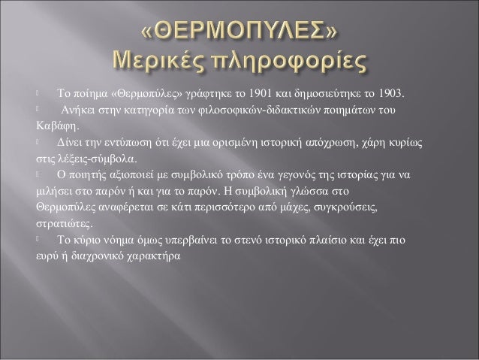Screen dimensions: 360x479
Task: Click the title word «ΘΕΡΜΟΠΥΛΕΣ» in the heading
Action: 239,33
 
